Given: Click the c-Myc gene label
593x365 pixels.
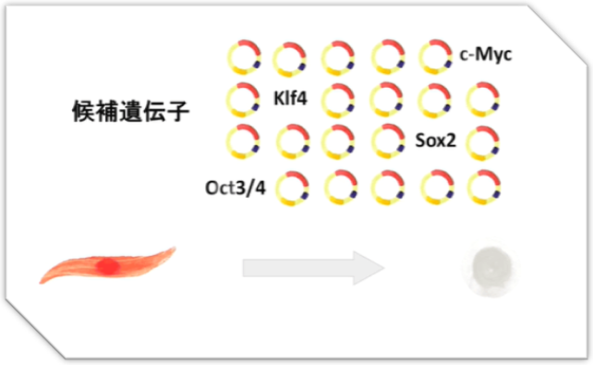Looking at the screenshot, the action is click(485, 56).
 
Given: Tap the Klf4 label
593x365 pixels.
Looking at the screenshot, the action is click(291, 97).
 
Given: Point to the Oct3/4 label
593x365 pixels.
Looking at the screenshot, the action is click(236, 188).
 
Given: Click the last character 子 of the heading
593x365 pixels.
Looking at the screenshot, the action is click(179, 113).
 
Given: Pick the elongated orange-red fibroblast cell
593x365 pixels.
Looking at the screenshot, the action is click(107, 265).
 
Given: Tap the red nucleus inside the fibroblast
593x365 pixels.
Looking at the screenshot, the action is click(109, 267).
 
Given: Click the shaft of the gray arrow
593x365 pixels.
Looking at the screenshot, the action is click(296, 268).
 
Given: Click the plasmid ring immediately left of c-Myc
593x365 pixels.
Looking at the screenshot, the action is click(435, 56).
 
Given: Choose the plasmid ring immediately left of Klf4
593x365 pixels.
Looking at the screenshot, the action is click(243, 98).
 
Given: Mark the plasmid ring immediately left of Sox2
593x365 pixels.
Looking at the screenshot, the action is click(387, 141).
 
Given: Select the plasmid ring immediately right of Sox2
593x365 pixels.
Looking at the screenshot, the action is click(483, 141).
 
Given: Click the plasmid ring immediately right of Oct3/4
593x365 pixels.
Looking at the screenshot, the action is click(291, 186).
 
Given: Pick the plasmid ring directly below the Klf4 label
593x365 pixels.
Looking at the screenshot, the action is click(291, 141).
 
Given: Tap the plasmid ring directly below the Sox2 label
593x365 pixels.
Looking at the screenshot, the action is click(435, 186).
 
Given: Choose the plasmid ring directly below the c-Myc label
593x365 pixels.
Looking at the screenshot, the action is click(483, 98).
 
